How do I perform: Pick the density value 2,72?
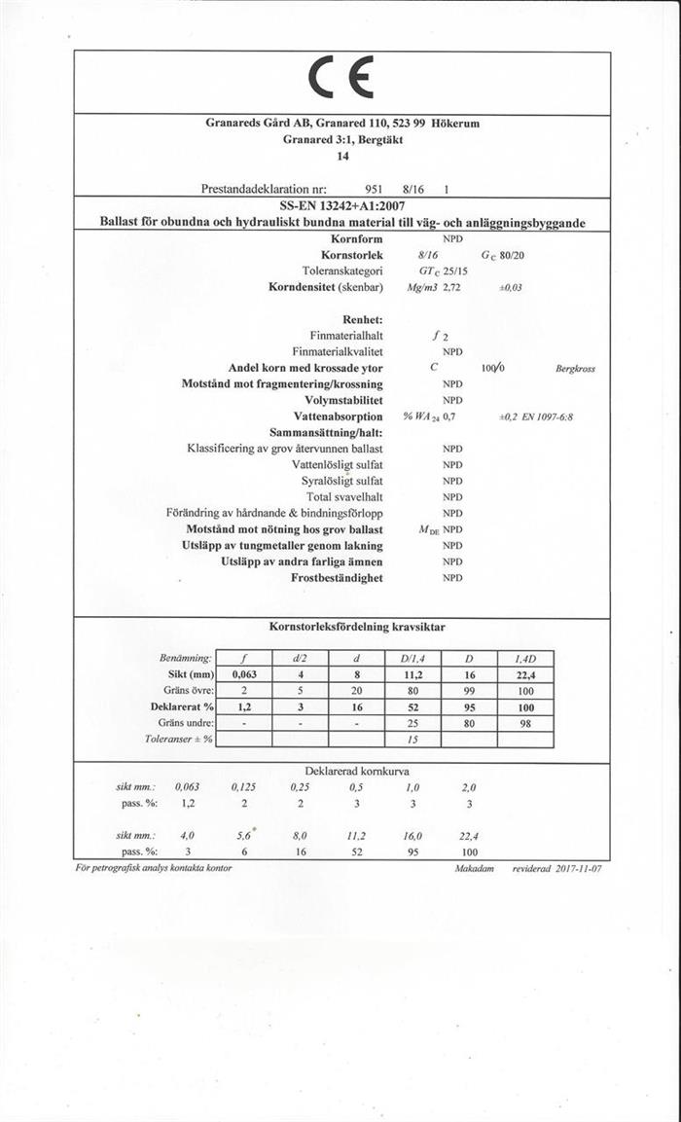tap(449, 288)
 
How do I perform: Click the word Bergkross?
tap(575, 369)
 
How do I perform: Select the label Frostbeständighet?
tap(337, 578)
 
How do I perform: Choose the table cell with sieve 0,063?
tap(243, 673)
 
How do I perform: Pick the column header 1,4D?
tap(525, 658)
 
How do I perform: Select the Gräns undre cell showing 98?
tap(525, 723)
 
